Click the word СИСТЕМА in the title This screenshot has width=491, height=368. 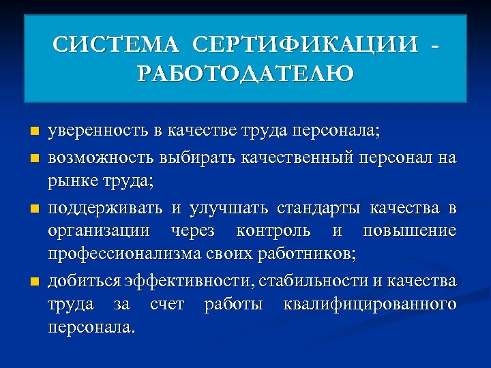click(116, 45)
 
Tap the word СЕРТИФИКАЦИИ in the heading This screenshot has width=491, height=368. click(305, 45)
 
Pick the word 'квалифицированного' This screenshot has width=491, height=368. click(369, 304)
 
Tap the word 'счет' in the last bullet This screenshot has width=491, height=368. click(166, 304)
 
